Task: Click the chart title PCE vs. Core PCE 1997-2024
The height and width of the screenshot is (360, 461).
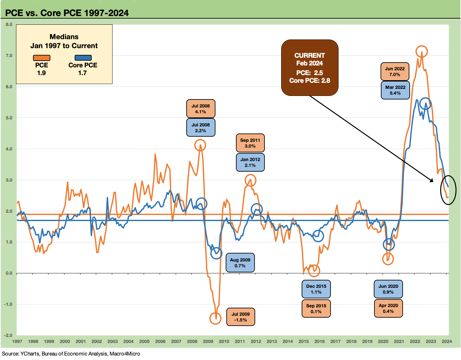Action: (67, 13)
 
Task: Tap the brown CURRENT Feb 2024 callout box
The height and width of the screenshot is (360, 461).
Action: (310, 68)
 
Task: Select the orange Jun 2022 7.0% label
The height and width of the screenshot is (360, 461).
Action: (395, 72)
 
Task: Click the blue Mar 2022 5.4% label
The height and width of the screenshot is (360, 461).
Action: (395, 90)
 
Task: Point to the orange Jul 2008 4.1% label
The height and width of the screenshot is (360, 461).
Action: (201, 109)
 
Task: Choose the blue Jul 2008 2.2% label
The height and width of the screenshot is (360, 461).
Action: (201, 128)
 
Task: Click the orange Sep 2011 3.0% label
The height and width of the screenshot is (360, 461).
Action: (250, 143)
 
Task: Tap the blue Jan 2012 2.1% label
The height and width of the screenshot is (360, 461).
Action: (250, 162)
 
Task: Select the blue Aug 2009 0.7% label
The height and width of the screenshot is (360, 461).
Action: (240, 263)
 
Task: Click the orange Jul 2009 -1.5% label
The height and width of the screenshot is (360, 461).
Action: (240, 317)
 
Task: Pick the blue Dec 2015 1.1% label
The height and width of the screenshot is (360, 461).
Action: (316, 289)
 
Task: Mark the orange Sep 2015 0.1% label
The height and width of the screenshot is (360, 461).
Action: (316, 309)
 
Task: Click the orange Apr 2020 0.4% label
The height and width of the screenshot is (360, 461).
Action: (388, 308)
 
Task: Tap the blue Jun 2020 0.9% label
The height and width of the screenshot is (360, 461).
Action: (388, 289)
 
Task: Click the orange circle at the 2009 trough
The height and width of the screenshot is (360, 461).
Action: (215, 318)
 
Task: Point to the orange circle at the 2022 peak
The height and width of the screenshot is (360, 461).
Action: (422, 51)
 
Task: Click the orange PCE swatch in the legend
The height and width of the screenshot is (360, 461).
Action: (42, 58)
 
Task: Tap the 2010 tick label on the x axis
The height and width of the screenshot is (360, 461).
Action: (224, 341)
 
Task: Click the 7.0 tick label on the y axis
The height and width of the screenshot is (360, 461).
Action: (9, 56)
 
